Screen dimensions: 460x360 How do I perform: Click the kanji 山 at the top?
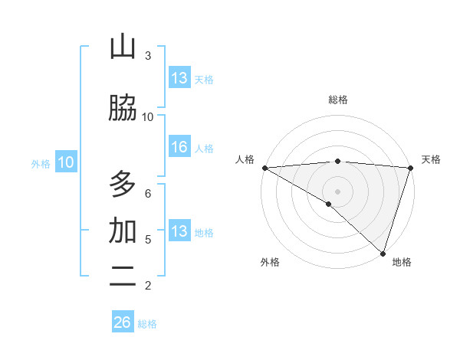pyautogui.click(x=123, y=47)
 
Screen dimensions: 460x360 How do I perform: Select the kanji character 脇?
pyautogui.click(x=123, y=109)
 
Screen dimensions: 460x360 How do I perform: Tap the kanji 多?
pyautogui.click(x=123, y=185)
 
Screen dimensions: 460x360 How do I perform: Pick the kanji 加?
pyautogui.click(x=123, y=231)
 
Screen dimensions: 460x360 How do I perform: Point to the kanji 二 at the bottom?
pyautogui.click(x=123, y=277)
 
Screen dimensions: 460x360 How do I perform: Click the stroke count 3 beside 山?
pyautogui.click(x=148, y=56)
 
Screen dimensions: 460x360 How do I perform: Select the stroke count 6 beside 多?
pyautogui.click(x=148, y=194)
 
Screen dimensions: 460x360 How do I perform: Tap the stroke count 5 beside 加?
pyautogui.click(x=148, y=240)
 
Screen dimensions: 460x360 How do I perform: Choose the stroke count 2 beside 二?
pyautogui.click(x=148, y=286)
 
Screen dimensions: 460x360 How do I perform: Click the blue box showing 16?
pyautogui.click(x=179, y=147)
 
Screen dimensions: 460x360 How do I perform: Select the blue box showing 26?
pyautogui.click(x=123, y=322)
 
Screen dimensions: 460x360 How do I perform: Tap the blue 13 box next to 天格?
pyautogui.click(x=179, y=78)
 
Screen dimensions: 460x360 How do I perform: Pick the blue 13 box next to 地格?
pyautogui.click(x=179, y=231)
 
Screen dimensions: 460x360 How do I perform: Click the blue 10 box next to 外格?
pyautogui.click(x=66, y=162)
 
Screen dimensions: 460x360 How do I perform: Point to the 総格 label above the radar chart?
pyautogui.click(x=338, y=100)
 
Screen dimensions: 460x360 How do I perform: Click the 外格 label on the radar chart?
pyautogui.click(x=270, y=262)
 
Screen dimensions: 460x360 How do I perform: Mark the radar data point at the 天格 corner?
pyautogui.click(x=411, y=168)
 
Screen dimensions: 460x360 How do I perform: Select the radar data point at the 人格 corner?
pyautogui.click(x=264, y=168)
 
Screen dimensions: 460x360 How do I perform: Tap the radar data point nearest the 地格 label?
pyautogui.click(x=383, y=253)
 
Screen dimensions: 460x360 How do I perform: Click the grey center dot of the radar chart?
pyautogui.click(x=337, y=191)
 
